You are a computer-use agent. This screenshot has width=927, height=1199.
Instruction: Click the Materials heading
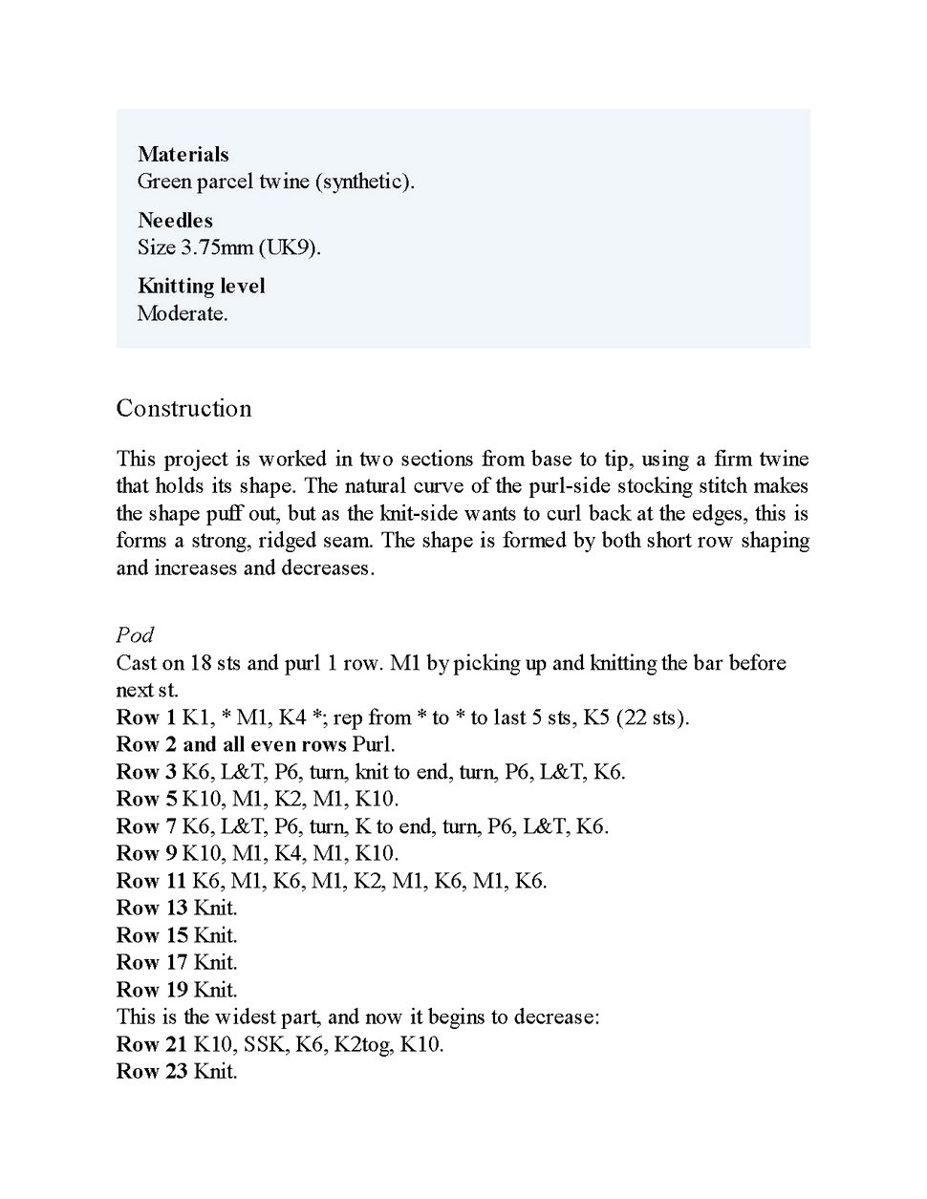coord(183,155)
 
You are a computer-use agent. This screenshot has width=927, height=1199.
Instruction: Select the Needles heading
coord(175,221)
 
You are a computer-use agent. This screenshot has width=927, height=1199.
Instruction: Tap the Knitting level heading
coord(202,286)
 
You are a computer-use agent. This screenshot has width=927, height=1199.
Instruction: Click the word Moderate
coord(183,313)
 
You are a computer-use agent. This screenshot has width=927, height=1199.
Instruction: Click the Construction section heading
coord(183,409)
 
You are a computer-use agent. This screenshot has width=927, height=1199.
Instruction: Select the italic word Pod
coord(135,635)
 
